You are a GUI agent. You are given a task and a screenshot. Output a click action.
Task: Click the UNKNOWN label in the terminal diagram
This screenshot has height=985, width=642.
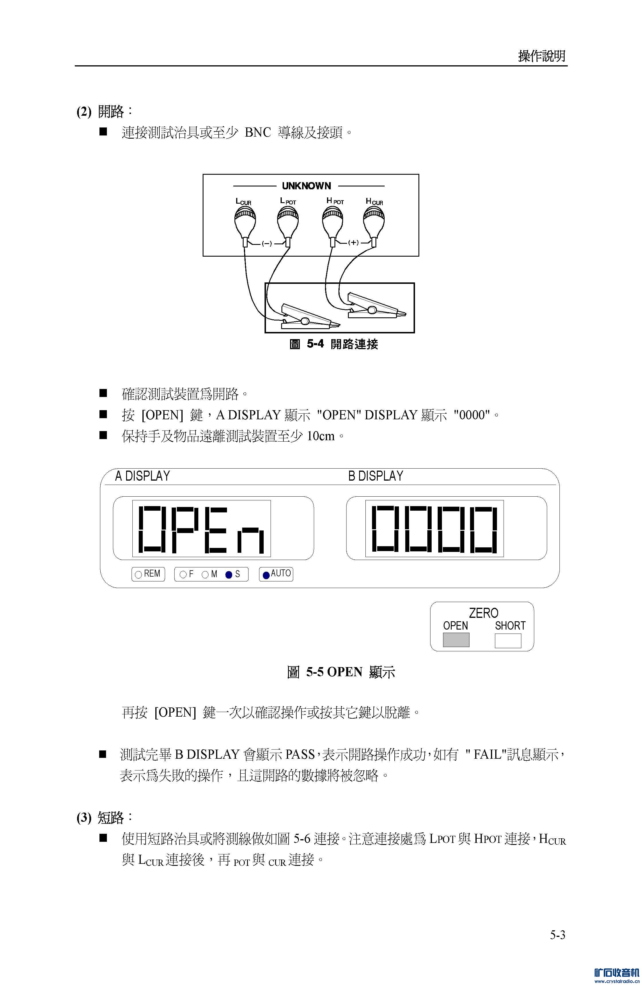306,186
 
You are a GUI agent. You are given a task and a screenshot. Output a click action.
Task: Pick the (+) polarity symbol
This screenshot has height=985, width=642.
353,243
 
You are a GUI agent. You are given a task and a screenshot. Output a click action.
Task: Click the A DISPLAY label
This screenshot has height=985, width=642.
142,476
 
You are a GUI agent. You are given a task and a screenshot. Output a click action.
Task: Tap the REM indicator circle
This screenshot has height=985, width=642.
139,575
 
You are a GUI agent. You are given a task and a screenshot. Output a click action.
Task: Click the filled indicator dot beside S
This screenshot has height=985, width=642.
229,575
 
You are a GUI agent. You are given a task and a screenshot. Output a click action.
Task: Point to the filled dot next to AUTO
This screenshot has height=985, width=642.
266,575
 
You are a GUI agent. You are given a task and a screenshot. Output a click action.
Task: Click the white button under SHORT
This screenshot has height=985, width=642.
508,640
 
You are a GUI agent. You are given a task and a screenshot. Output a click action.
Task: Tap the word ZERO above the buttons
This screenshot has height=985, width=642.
484,613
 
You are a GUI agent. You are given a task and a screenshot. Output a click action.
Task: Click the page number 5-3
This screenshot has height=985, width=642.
557,935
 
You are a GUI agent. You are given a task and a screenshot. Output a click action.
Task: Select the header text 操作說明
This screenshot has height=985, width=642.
542,56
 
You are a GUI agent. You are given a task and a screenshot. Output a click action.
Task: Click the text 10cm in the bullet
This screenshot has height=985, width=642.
321,436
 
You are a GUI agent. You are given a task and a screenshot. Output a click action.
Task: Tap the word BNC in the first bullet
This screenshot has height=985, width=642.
258,132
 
